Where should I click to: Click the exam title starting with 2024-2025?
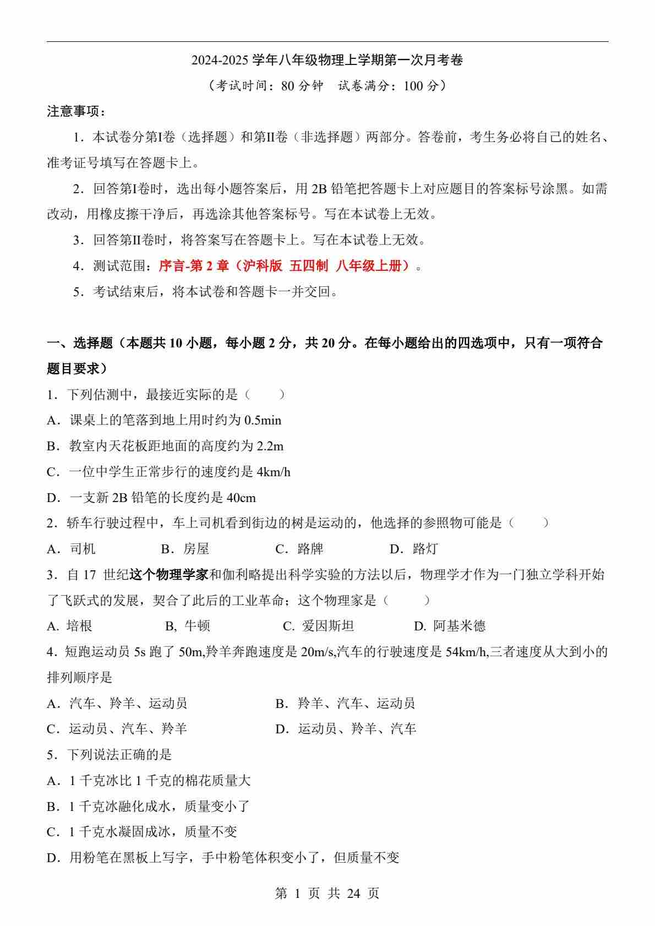tap(327, 60)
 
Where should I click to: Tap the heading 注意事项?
tap(76, 112)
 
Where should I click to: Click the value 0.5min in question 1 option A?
tap(263, 421)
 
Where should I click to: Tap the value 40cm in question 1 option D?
tap(241, 498)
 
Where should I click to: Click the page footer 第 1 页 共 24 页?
tap(327, 894)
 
